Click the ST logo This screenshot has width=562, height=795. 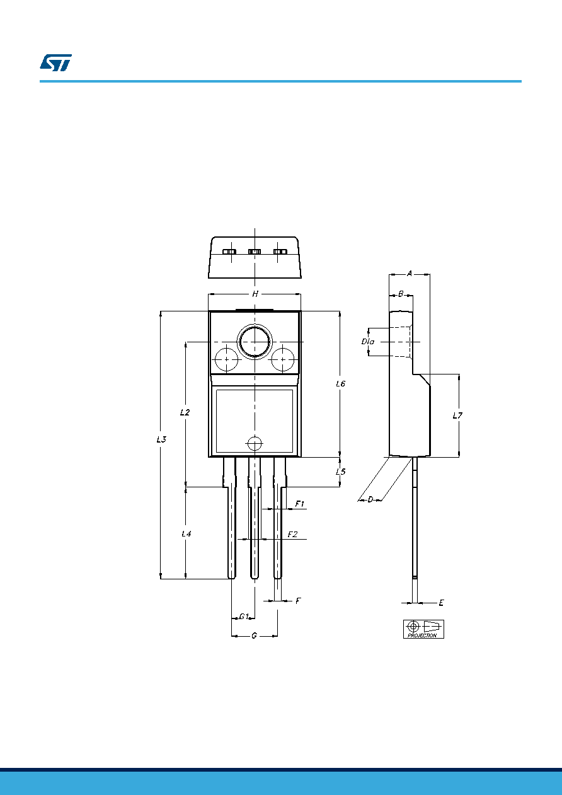click(x=55, y=62)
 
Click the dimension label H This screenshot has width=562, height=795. click(x=255, y=294)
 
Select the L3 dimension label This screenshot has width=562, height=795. click(x=161, y=439)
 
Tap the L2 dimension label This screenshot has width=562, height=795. click(x=185, y=412)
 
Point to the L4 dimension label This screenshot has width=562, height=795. click(x=186, y=533)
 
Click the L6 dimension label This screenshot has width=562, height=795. click(x=340, y=384)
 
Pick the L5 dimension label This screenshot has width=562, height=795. click(x=340, y=472)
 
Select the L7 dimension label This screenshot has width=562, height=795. click(x=457, y=415)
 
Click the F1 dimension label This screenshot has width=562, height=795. click(x=300, y=504)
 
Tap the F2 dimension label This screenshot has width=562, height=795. click(x=292, y=535)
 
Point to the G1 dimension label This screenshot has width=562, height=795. click(x=244, y=617)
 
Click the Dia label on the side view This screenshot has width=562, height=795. click(x=368, y=342)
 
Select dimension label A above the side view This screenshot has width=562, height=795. click(x=410, y=274)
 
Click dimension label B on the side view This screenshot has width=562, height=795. click(x=401, y=294)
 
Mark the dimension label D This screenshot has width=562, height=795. click(x=370, y=500)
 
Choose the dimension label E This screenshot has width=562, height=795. click(x=441, y=603)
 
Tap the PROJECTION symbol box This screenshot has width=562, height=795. click(x=423, y=629)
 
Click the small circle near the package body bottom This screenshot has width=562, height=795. click(x=255, y=443)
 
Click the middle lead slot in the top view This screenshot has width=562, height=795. click(x=255, y=252)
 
